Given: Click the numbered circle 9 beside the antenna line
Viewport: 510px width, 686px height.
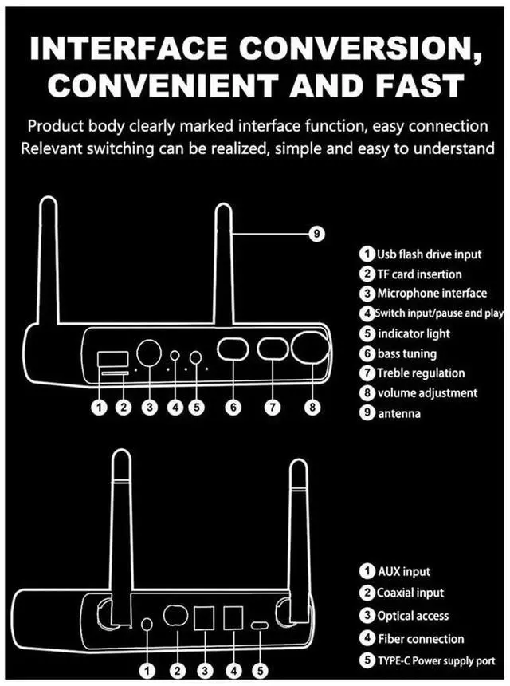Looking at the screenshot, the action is pyautogui.click(x=317, y=233).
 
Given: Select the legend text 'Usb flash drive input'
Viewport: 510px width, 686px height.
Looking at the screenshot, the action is pyautogui.click(x=430, y=254).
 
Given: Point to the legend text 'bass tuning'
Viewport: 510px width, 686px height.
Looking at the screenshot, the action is pyautogui.click(x=407, y=353).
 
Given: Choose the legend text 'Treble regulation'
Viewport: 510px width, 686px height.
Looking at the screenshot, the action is pyautogui.click(x=421, y=373).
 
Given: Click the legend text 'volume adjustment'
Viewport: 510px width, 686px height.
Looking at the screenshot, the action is pyautogui.click(x=427, y=392).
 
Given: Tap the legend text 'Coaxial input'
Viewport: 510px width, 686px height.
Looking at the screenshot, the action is pyautogui.click(x=410, y=593).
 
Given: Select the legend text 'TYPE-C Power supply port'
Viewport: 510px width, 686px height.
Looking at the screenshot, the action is pyautogui.click(x=437, y=660).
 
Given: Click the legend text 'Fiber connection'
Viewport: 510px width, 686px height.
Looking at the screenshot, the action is pyautogui.click(x=421, y=638).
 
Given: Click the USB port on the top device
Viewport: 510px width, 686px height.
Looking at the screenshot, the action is pyautogui.click(x=108, y=357).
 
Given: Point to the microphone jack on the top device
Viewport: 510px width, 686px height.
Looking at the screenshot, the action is pyautogui.click(x=148, y=352).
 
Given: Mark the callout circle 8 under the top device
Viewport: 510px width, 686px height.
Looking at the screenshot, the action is pyautogui.click(x=312, y=407).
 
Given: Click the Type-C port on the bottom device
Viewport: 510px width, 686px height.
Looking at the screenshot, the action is pyautogui.click(x=261, y=625).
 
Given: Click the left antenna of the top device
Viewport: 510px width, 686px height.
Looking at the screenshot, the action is pyautogui.click(x=49, y=263).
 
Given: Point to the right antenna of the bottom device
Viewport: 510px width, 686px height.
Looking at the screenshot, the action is pyautogui.click(x=299, y=534).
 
